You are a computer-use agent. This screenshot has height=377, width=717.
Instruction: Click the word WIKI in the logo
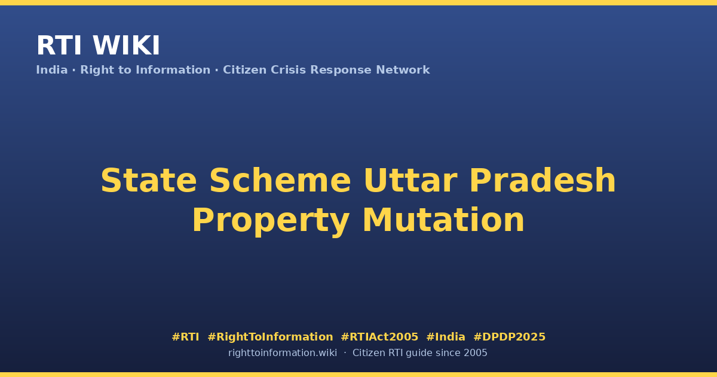coord(126,45)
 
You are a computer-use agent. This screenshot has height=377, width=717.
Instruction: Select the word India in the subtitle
coord(52,70)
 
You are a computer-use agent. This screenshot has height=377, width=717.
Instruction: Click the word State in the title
coord(149,181)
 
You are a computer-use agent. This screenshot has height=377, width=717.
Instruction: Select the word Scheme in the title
coord(280,181)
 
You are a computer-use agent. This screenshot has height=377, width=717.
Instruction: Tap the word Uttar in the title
coord(410,181)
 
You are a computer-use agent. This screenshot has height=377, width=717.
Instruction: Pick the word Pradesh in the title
coord(543,181)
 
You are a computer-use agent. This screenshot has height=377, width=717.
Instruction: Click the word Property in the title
coord(271,221)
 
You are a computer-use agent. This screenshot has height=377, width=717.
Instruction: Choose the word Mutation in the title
coord(443,220)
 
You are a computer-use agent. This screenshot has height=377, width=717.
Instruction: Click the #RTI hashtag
coord(185,337)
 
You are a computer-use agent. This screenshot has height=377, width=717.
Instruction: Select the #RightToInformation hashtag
coord(270,337)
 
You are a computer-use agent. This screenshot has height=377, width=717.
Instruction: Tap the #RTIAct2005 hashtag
coord(379,337)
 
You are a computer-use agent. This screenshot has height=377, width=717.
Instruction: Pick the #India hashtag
coord(446,337)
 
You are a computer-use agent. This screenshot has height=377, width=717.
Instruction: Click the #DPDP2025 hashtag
coord(509,337)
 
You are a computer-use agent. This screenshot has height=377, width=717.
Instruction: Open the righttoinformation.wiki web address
coord(283,353)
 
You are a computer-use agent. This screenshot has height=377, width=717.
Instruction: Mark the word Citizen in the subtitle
coord(244,70)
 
